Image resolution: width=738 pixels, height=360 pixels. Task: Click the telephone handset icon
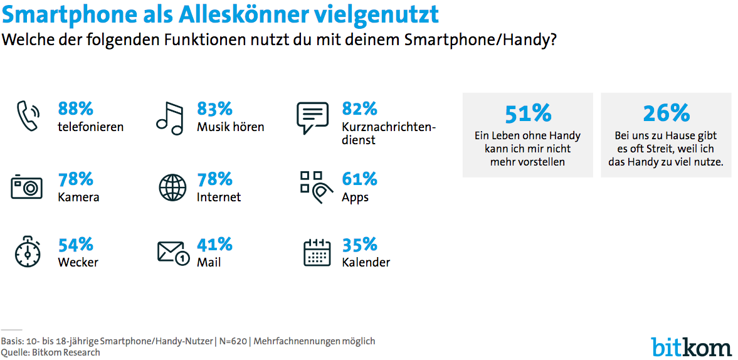point(27,116)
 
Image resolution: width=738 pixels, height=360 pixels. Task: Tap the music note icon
point(169,117)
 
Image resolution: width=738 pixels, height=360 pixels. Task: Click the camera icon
point(26,187)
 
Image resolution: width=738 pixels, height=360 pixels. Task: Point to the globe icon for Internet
point(172,187)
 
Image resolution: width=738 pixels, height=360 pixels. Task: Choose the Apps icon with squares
point(315,186)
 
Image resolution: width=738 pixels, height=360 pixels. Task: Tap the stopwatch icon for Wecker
point(27,252)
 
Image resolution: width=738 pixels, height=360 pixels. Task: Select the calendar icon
point(317,252)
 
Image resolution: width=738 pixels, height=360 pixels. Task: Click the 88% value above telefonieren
point(76,109)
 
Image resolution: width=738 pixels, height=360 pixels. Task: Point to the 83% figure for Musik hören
point(214,109)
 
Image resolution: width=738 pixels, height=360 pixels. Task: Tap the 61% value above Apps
point(359,179)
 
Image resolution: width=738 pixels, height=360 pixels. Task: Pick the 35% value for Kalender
point(359,244)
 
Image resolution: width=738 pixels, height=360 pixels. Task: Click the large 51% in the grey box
point(528,113)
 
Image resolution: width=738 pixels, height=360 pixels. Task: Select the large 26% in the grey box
point(666,113)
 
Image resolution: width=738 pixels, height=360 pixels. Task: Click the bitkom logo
point(691,346)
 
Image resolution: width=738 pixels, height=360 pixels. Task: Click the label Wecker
point(78,262)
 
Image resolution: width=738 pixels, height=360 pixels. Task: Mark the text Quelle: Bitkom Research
point(50,352)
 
